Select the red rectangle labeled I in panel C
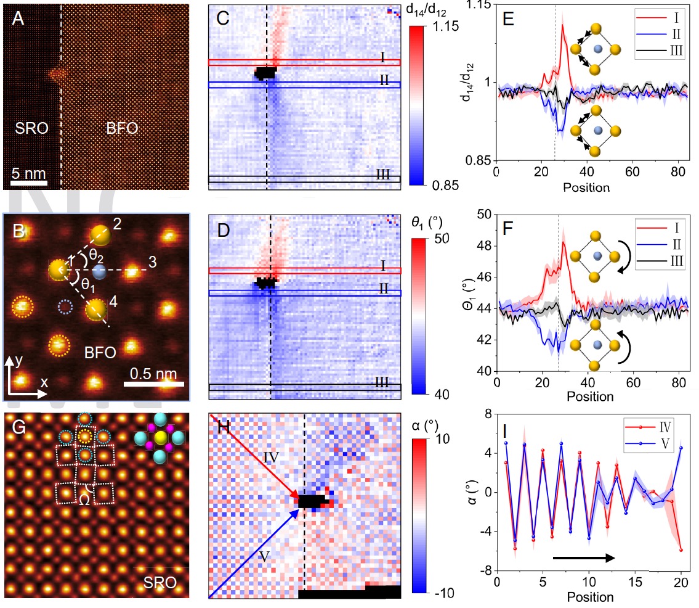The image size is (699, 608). coord(304,62)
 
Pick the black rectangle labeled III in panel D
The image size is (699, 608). coord(305,388)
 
